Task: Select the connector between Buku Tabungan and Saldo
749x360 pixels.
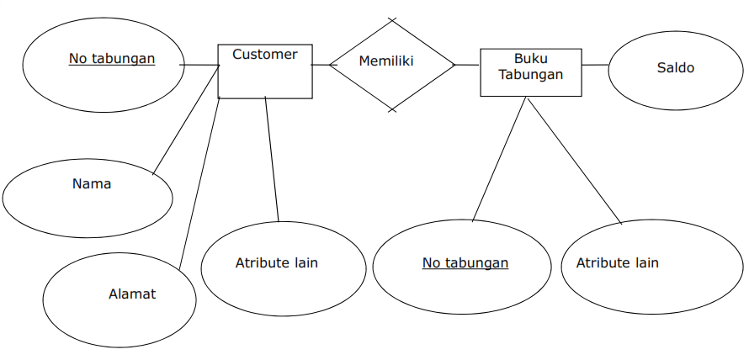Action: click(594, 65)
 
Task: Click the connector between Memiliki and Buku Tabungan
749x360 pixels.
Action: click(467, 65)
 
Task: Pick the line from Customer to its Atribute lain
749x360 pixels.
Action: click(272, 160)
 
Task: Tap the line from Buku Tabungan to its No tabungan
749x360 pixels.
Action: click(500, 159)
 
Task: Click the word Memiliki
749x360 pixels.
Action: click(386, 61)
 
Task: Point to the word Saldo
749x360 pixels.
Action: click(676, 67)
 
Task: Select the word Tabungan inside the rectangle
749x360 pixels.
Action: click(530, 74)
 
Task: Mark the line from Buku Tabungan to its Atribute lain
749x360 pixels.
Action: click(574, 160)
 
